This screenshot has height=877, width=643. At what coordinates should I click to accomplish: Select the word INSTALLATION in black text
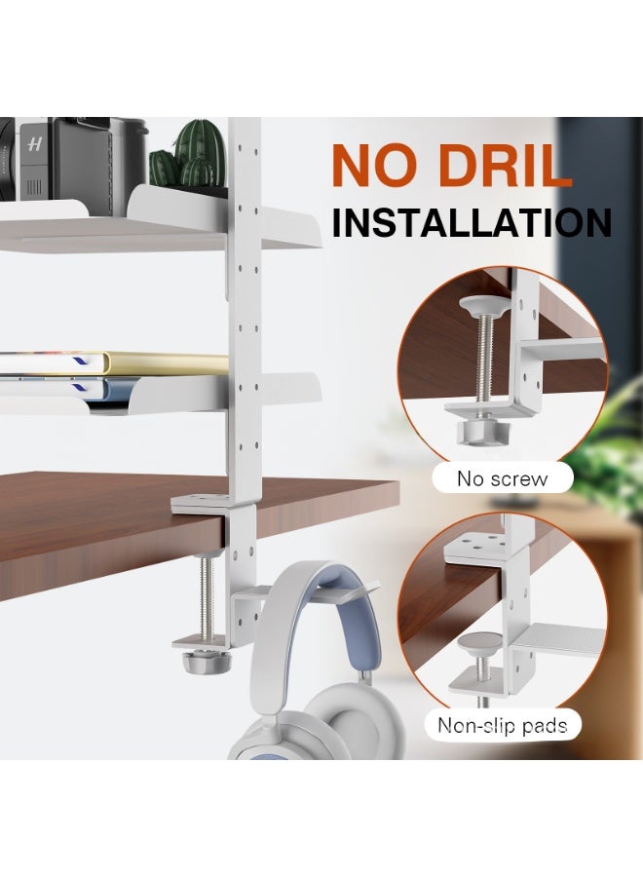click(473, 222)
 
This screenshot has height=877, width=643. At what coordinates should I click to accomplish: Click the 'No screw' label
click(502, 478)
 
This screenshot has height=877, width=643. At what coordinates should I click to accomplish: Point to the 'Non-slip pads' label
click(502, 725)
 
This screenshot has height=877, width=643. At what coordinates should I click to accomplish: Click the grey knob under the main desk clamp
click(204, 662)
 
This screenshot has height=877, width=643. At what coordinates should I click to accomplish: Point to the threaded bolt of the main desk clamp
click(207, 594)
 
